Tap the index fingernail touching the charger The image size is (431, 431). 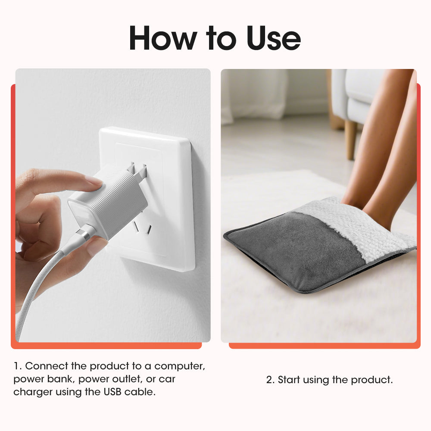(94, 181)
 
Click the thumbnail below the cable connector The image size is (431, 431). (96, 246)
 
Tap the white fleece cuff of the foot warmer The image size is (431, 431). (362, 228)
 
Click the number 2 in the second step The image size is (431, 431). (270, 380)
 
